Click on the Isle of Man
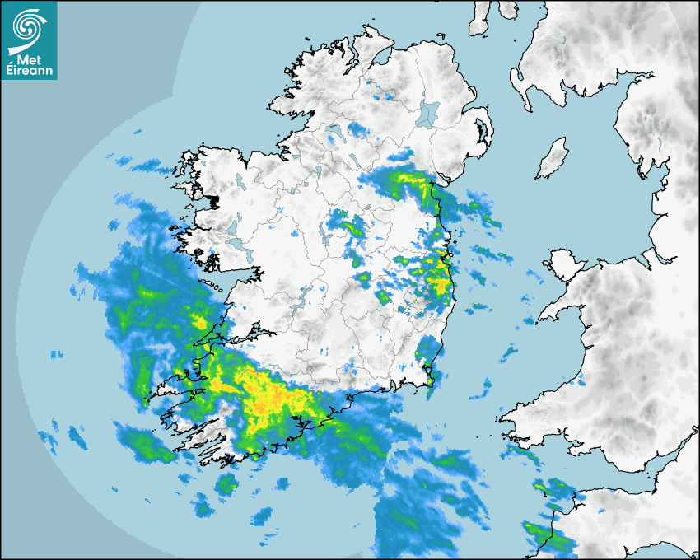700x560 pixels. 553,159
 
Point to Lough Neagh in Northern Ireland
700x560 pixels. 428,112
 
